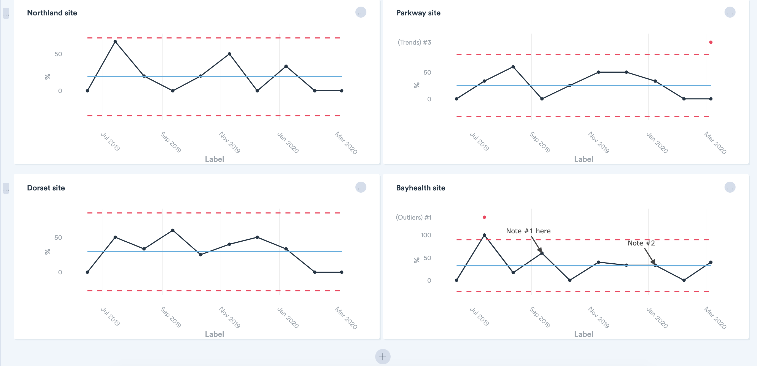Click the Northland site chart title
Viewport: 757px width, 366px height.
(52, 13)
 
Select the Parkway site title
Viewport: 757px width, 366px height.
(418, 13)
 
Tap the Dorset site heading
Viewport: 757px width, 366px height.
(46, 188)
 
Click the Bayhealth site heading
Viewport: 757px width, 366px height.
(420, 188)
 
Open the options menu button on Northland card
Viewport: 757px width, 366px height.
(361, 13)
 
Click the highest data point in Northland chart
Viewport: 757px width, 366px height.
(115, 42)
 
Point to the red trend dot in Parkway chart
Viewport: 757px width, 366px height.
(711, 42)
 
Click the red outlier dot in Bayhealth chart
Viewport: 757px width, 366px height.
(484, 217)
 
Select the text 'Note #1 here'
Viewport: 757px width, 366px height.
(528, 231)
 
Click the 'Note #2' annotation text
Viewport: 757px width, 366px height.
(641, 243)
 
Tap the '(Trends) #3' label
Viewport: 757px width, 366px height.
(414, 43)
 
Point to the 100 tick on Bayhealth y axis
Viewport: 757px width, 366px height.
(426, 235)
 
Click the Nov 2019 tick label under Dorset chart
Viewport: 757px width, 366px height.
(229, 317)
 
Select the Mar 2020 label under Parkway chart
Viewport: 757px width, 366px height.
(715, 143)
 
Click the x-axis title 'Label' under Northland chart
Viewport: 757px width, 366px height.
(214, 159)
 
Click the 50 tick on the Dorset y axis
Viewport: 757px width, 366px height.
(58, 237)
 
